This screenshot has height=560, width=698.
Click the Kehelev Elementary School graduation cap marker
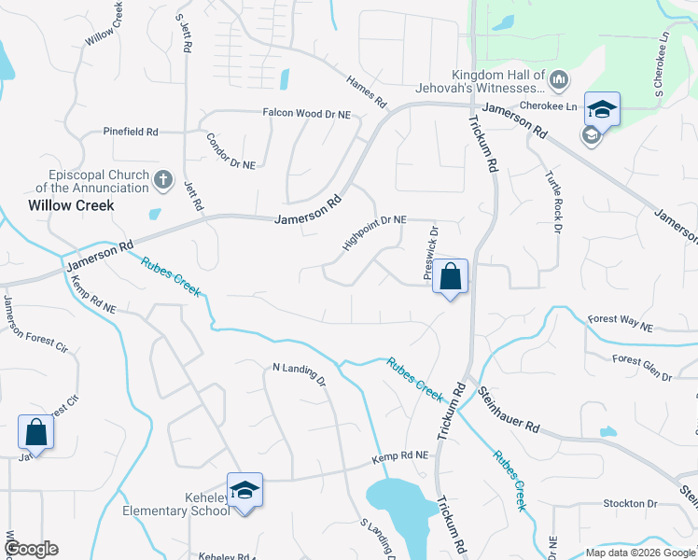coord(244,491)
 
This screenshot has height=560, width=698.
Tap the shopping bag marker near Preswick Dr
coord(450,277)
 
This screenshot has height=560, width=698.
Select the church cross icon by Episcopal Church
coord(163,179)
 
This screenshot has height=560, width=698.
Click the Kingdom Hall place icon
coord(559,81)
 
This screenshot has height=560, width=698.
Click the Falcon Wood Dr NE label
coord(305,113)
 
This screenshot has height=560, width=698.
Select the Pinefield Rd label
coord(131,132)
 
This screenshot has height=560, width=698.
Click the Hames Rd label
coord(366,92)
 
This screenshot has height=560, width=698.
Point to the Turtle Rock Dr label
coord(551,202)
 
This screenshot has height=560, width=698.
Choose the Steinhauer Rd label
coord(510,411)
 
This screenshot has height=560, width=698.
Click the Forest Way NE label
coord(620,324)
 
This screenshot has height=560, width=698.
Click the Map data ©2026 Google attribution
coord(640,553)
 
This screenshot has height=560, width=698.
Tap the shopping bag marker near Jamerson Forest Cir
coord(35,433)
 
